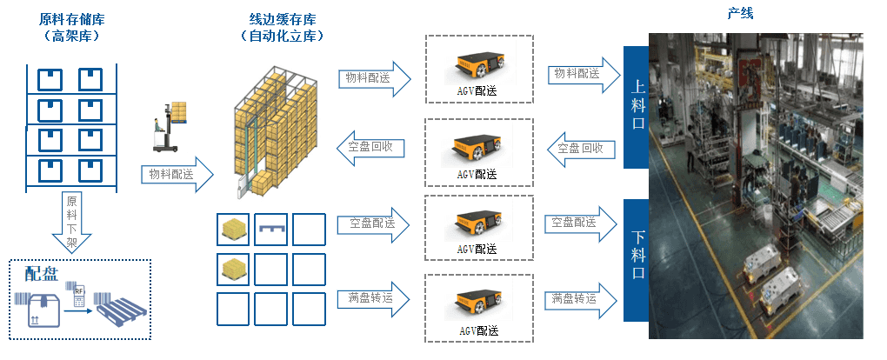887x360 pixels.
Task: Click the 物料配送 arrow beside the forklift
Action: click(x=177, y=174)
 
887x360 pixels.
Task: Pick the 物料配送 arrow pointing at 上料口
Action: click(x=582, y=74)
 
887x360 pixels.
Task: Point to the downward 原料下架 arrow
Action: click(x=72, y=224)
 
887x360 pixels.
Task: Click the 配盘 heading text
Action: click(x=42, y=275)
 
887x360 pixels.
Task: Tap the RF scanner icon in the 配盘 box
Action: click(x=79, y=297)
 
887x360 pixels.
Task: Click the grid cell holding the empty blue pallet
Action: click(x=271, y=229)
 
